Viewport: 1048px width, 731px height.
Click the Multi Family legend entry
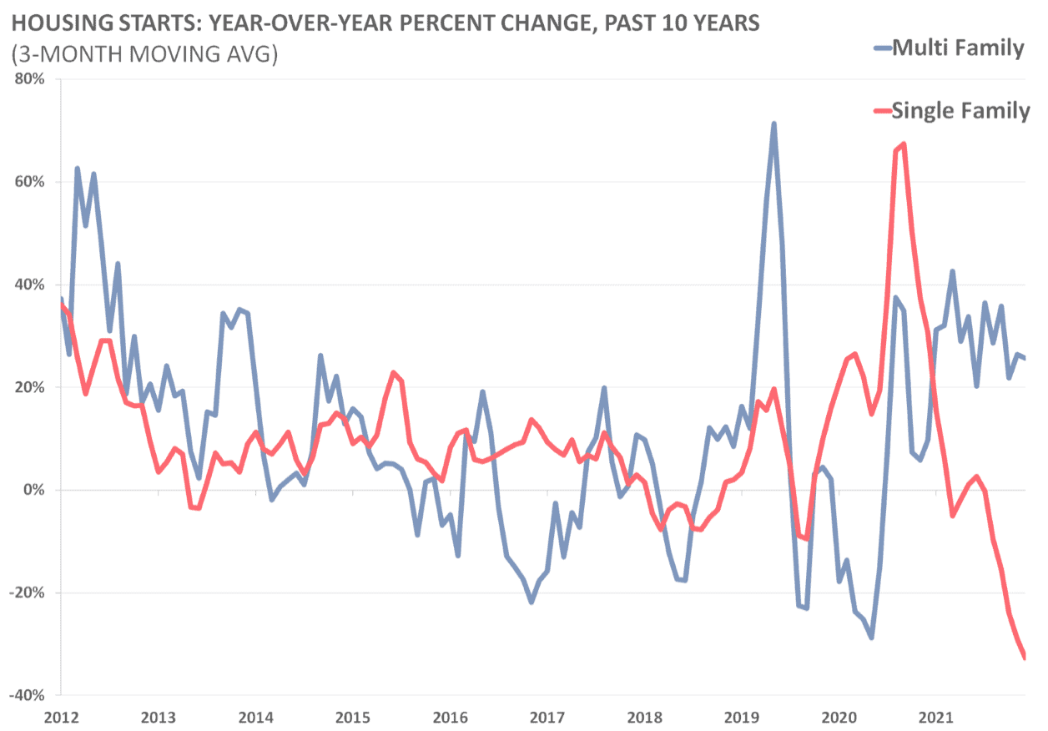(x=957, y=48)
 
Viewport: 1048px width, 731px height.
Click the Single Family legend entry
(x=960, y=110)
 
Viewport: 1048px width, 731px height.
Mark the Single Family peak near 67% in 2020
(x=904, y=144)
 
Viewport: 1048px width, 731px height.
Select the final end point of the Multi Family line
(x=1025, y=358)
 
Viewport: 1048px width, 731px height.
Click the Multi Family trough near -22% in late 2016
(x=532, y=602)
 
